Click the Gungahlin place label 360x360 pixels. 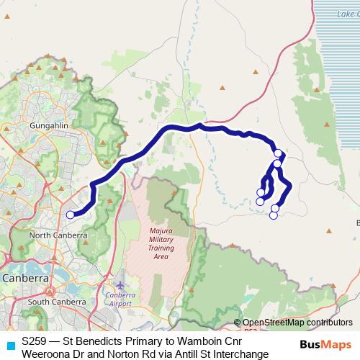pos(48,126)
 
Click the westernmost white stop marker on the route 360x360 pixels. pos(71,215)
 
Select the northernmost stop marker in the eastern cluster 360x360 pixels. pos(279,153)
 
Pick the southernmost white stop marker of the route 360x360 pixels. pos(274,215)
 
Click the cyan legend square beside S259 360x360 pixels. pos(10,344)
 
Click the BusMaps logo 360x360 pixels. pos(325,345)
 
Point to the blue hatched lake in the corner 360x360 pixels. pos(338,43)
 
